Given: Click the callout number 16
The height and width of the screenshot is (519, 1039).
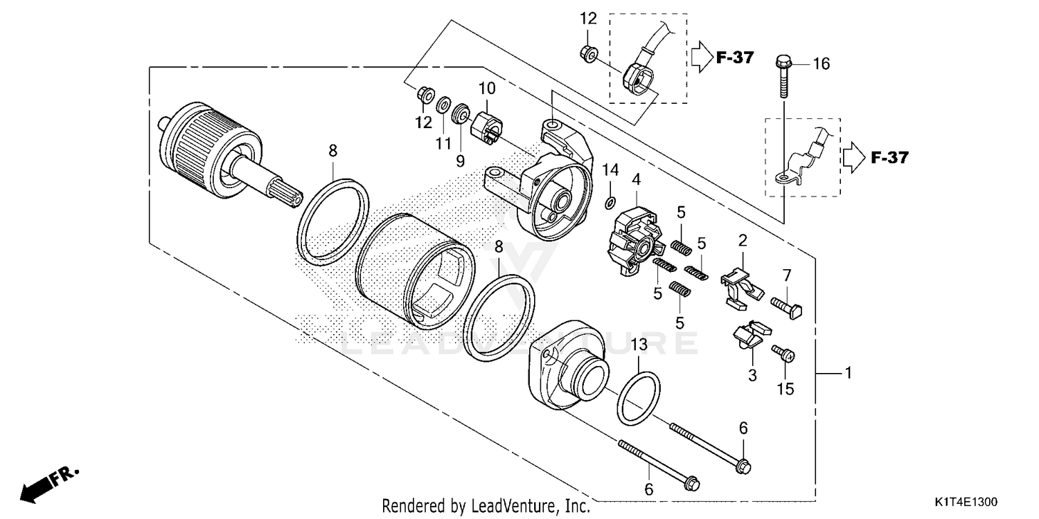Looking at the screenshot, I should click(x=821, y=64).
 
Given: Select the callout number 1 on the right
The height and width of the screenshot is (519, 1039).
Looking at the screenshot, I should click(x=847, y=374).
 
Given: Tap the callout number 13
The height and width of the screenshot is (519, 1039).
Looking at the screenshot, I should click(x=639, y=344).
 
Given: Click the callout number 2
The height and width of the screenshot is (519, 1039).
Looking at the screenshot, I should click(x=743, y=241).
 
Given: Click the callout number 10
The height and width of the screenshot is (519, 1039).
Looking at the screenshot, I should click(x=487, y=89).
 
